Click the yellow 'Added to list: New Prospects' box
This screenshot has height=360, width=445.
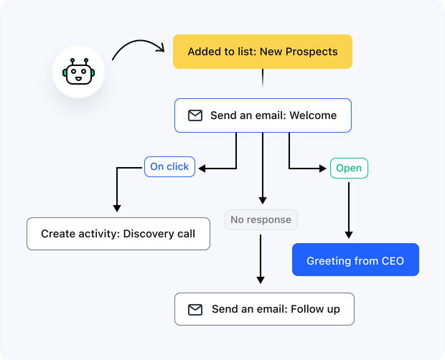[x=262, y=52]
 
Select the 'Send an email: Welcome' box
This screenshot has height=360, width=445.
[x=263, y=115]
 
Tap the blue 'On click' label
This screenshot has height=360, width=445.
[x=169, y=167]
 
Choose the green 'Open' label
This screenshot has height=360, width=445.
[x=349, y=169]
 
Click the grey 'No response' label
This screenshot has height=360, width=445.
[x=261, y=219]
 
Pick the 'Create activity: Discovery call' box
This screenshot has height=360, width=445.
[x=118, y=234]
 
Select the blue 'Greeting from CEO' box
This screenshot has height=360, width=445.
[x=355, y=260]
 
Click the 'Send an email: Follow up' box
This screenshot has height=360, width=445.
[x=264, y=309]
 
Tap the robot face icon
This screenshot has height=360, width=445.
[x=78, y=72]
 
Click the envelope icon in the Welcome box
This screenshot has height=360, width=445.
[x=195, y=115]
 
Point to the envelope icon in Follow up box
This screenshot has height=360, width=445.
[x=195, y=310]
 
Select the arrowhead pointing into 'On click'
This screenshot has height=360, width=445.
[x=203, y=169]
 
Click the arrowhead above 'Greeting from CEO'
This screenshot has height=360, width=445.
[x=349, y=234]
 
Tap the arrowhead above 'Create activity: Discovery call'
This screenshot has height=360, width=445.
[x=117, y=208]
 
